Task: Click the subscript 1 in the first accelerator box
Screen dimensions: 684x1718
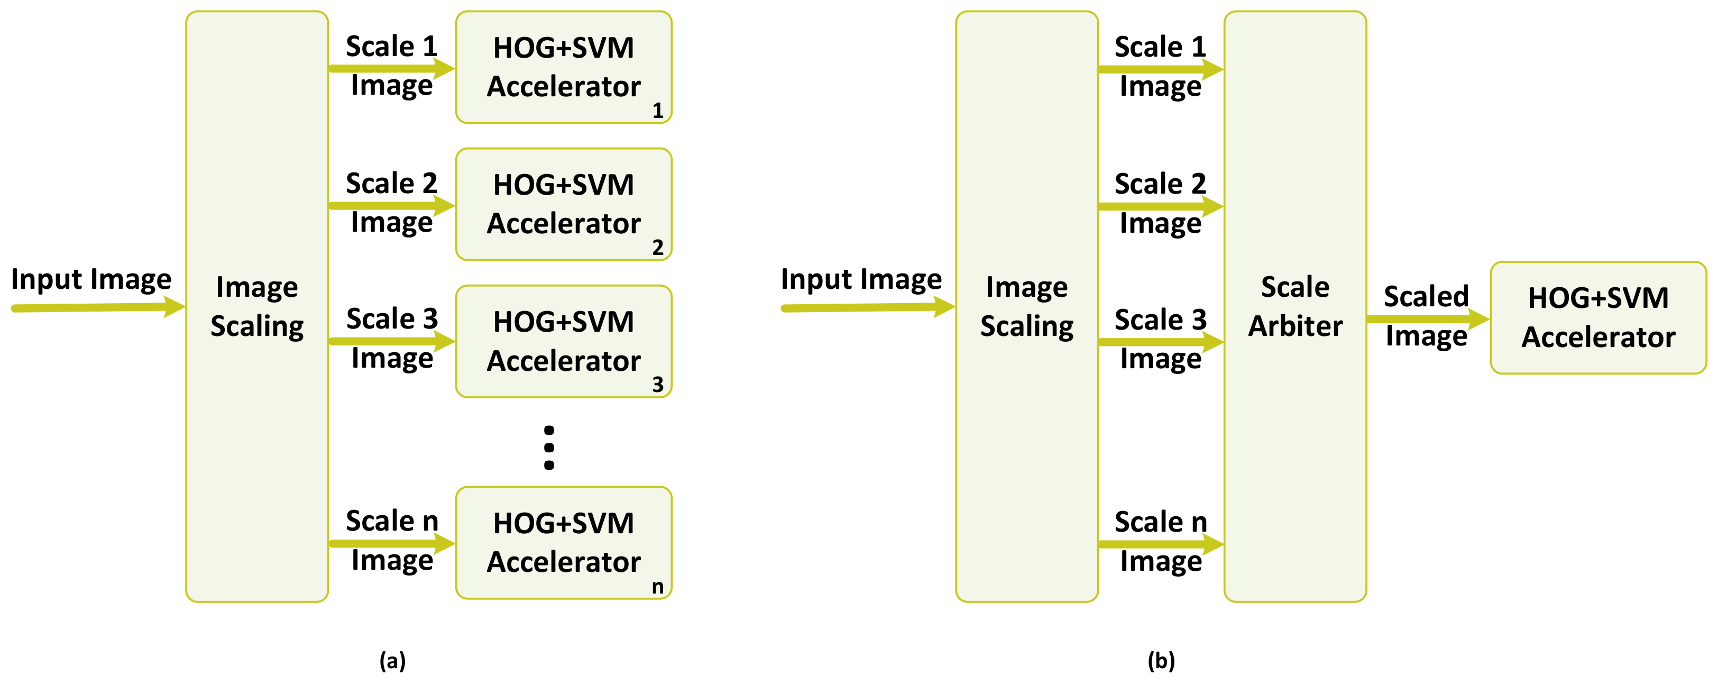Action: click(658, 110)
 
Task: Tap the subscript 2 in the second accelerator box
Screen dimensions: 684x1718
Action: click(658, 248)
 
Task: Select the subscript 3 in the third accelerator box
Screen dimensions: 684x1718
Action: click(658, 385)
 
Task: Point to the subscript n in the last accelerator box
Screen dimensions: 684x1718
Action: click(658, 587)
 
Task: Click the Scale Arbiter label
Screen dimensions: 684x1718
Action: click(1294, 306)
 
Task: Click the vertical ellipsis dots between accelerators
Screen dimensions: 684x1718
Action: click(549, 448)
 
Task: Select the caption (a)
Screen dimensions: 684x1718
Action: click(392, 661)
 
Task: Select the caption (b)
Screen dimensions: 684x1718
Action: click(1161, 661)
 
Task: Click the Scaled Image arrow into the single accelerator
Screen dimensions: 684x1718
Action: click(1427, 319)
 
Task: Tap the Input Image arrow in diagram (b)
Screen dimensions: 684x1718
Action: click(867, 308)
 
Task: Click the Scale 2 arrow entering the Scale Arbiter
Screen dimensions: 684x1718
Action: click(1161, 206)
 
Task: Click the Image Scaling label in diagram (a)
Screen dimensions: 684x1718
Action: click(257, 306)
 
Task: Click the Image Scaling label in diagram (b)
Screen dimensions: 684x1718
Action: click(1026, 306)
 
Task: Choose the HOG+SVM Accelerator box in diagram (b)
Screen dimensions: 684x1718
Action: click(1598, 317)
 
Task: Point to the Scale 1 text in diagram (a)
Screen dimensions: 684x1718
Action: click(391, 47)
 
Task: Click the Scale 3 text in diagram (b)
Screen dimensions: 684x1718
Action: click(1161, 320)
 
